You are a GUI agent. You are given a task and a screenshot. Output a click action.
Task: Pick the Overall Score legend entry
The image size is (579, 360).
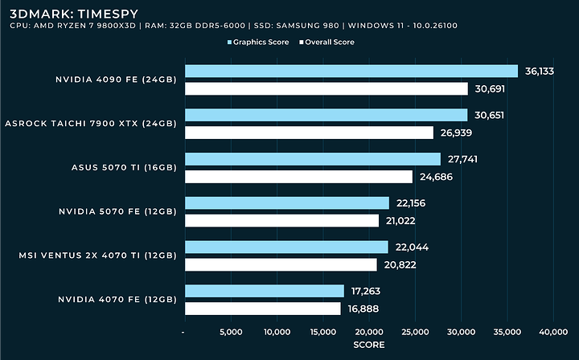[x=326, y=42]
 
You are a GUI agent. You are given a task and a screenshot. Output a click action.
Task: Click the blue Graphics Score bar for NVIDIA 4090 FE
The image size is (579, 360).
[x=351, y=72]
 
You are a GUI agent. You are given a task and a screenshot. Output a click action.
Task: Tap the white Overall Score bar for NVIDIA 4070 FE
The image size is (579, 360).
[x=263, y=309]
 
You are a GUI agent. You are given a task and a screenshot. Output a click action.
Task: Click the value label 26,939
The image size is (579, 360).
[x=456, y=133]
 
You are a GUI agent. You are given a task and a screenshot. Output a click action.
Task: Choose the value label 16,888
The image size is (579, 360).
[x=363, y=309]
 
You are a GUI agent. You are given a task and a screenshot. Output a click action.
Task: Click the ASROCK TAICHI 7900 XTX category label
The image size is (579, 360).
[x=90, y=123]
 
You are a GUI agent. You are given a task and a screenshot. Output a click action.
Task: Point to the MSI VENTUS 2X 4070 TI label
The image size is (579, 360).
[x=97, y=256]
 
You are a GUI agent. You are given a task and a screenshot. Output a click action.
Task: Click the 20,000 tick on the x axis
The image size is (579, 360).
[x=369, y=331]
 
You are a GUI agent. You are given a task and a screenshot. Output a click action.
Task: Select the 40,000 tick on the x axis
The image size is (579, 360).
[x=553, y=331]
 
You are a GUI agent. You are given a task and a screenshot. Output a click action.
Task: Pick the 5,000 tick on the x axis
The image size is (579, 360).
[x=231, y=331]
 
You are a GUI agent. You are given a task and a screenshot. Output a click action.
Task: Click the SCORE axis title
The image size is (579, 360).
[x=369, y=345]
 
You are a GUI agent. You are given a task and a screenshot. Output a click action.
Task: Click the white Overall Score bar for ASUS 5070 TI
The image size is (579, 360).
[x=298, y=177]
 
